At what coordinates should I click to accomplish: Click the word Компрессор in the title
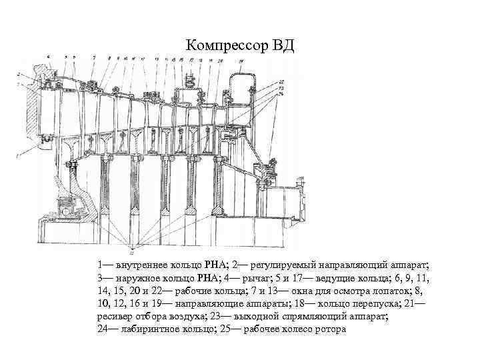coord(225,46)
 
